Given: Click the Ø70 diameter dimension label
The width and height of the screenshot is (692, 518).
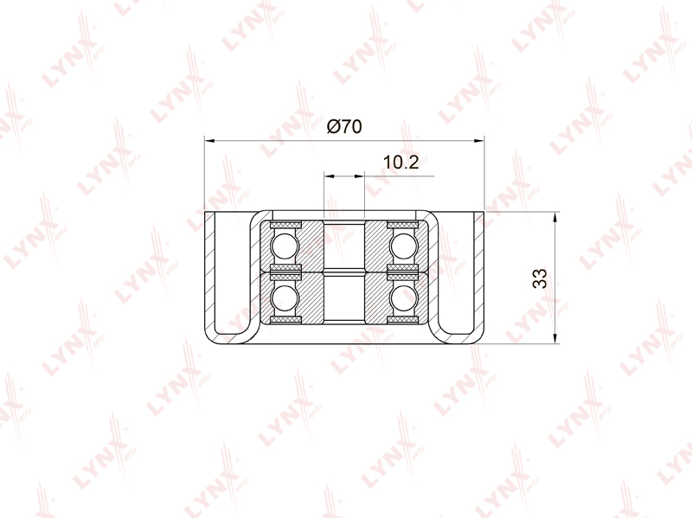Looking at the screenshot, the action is [344, 126].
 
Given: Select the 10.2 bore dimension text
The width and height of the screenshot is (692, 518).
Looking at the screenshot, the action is [400, 163].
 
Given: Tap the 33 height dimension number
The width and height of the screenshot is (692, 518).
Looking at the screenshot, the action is [539, 278].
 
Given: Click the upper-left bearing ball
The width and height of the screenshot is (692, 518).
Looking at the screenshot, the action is [285, 246].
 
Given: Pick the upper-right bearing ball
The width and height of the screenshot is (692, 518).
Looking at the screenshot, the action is [403, 246].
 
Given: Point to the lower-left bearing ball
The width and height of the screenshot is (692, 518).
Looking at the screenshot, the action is [285, 297].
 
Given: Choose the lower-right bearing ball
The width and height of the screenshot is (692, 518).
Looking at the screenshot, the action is [403, 297].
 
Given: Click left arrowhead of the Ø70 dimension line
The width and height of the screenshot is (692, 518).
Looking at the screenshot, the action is [210, 141].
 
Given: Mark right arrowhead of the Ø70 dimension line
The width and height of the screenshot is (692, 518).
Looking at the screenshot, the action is [478, 141].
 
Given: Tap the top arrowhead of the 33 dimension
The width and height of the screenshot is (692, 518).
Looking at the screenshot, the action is [554, 217].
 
